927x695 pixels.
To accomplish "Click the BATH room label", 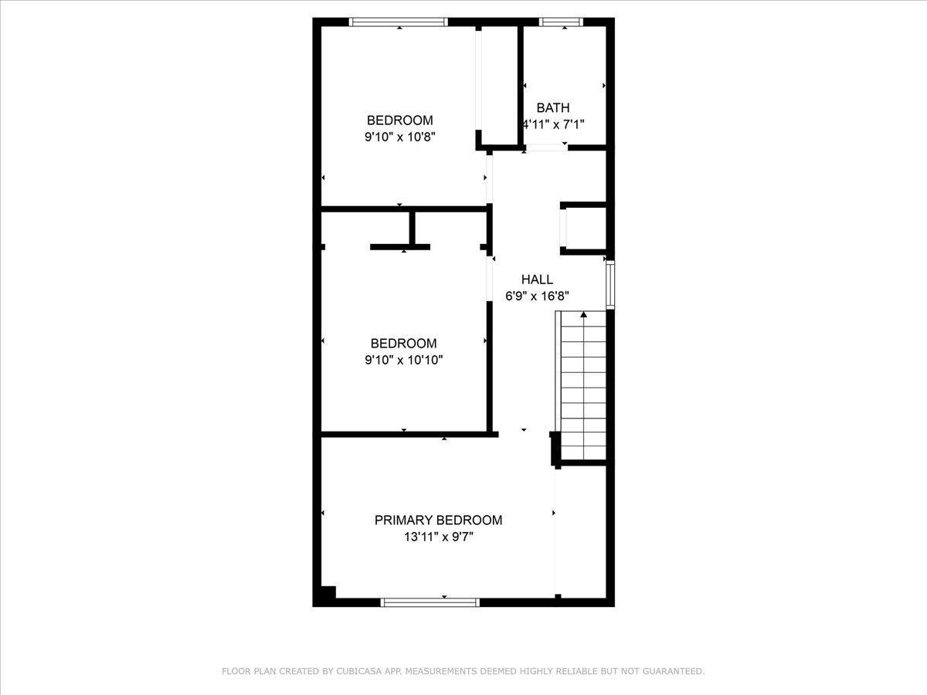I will click(x=553, y=108).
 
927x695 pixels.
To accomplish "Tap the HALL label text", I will click(x=537, y=280).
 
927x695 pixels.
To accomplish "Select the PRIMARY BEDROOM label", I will click(x=438, y=520).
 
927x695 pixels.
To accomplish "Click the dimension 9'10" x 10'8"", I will click(x=399, y=137).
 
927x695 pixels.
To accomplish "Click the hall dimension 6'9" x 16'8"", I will click(x=537, y=295).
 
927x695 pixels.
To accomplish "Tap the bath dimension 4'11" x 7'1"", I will click(x=559, y=124).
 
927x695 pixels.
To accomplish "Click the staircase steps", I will click(x=583, y=390).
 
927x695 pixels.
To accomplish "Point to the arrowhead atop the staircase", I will click(x=583, y=314).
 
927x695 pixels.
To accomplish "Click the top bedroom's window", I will click(x=399, y=22).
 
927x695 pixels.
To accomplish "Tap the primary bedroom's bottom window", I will click(x=430, y=602).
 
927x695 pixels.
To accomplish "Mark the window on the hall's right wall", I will click(x=610, y=285).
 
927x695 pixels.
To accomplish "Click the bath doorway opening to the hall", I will click(x=546, y=147).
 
